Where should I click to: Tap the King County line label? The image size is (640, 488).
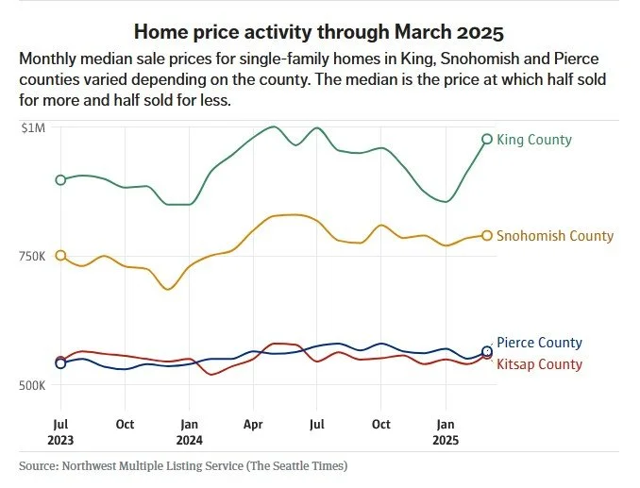point(533,140)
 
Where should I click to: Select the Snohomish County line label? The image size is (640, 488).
point(554,236)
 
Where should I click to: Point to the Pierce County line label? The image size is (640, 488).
point(539,343)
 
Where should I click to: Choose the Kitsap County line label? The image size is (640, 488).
point(539,364)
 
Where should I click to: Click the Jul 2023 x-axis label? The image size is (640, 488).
point(60,431)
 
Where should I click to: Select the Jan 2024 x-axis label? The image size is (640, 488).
point(189,431)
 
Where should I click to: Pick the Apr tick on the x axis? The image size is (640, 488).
point(253,424)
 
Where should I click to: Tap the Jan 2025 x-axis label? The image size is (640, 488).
point(446,431)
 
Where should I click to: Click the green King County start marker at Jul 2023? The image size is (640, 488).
point(60,180)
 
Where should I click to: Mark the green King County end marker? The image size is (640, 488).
point(487,140)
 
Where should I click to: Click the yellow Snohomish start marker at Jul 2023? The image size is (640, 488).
point(60,256)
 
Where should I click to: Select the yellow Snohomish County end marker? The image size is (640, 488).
point(487,236)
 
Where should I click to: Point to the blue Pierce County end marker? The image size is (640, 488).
point(487,351)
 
